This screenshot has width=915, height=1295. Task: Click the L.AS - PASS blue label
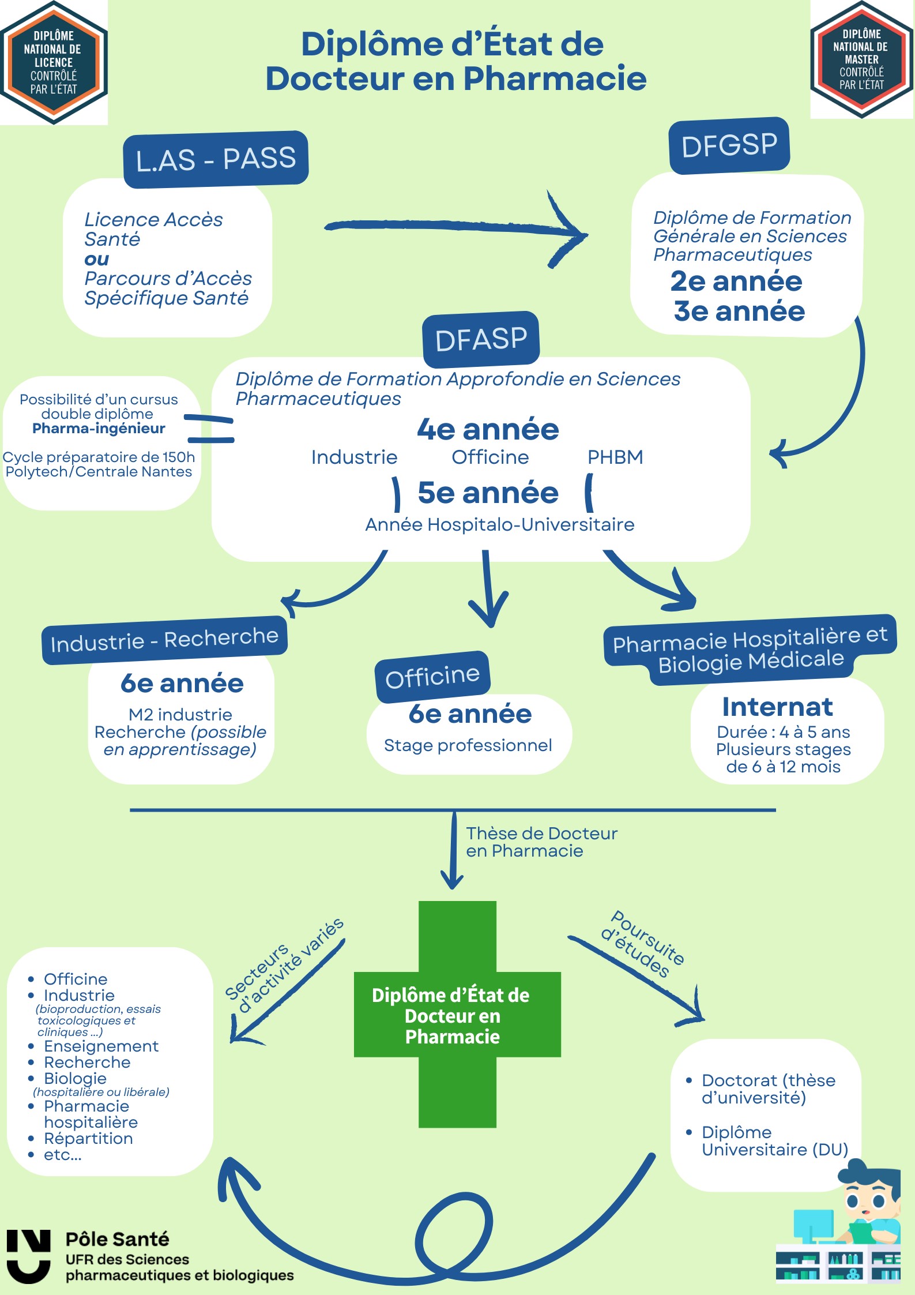point(216,159)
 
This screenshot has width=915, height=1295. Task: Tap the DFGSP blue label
point(729,145)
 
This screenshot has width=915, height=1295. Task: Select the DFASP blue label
point(481,339)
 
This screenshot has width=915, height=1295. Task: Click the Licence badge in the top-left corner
point(54,62)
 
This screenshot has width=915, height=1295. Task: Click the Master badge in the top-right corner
point(861,59)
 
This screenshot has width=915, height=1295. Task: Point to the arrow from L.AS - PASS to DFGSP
point(455,228)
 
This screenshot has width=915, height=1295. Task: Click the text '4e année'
point(488,430)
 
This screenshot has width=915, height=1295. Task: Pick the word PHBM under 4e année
point(615,457)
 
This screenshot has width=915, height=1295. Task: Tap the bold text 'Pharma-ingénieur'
point(99,428)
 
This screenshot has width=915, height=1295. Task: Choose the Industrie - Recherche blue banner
point(164,640)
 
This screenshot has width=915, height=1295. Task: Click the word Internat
point(777,707)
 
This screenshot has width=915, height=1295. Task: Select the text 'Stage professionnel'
point(468,745)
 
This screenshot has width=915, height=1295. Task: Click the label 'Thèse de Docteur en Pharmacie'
point(541,842)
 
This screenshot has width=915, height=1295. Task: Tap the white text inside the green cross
point(451,1016)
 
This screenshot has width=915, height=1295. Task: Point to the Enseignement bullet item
point(101,1046)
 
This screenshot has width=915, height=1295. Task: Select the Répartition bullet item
point(88,1138)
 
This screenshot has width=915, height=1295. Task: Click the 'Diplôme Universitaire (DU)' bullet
point(774,1140)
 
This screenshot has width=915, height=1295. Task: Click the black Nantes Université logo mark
point(28,1256)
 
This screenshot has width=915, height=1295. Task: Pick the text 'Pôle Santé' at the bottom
point(117,1239)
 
